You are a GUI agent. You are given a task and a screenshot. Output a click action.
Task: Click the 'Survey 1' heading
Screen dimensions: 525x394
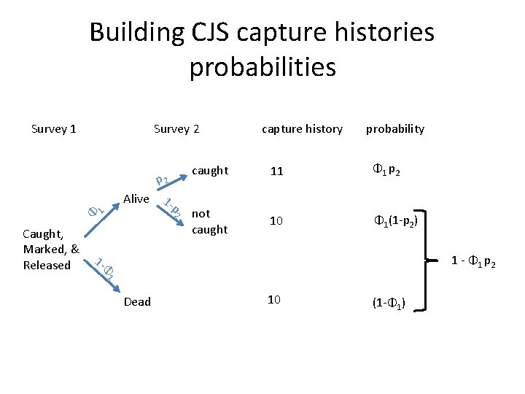[54, 129]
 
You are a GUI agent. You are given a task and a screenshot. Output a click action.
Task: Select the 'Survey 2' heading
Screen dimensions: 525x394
[176, 129]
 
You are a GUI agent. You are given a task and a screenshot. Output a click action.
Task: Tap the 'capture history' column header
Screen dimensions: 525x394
[302, 129]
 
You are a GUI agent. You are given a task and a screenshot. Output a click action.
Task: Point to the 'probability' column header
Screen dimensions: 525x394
[394, 129]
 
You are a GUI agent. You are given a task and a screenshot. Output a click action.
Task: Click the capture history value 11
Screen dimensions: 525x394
[276, 171]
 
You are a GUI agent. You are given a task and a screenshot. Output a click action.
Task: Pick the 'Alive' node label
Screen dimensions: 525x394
[136, 198]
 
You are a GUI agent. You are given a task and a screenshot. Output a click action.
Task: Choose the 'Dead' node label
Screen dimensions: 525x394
[138, 301]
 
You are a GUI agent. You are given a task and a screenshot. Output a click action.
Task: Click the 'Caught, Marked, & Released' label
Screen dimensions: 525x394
[50, 250]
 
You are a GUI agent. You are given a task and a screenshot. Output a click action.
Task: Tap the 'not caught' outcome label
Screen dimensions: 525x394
[209, 221]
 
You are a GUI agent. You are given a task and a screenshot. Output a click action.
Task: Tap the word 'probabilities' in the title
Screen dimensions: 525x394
[262, 67]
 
